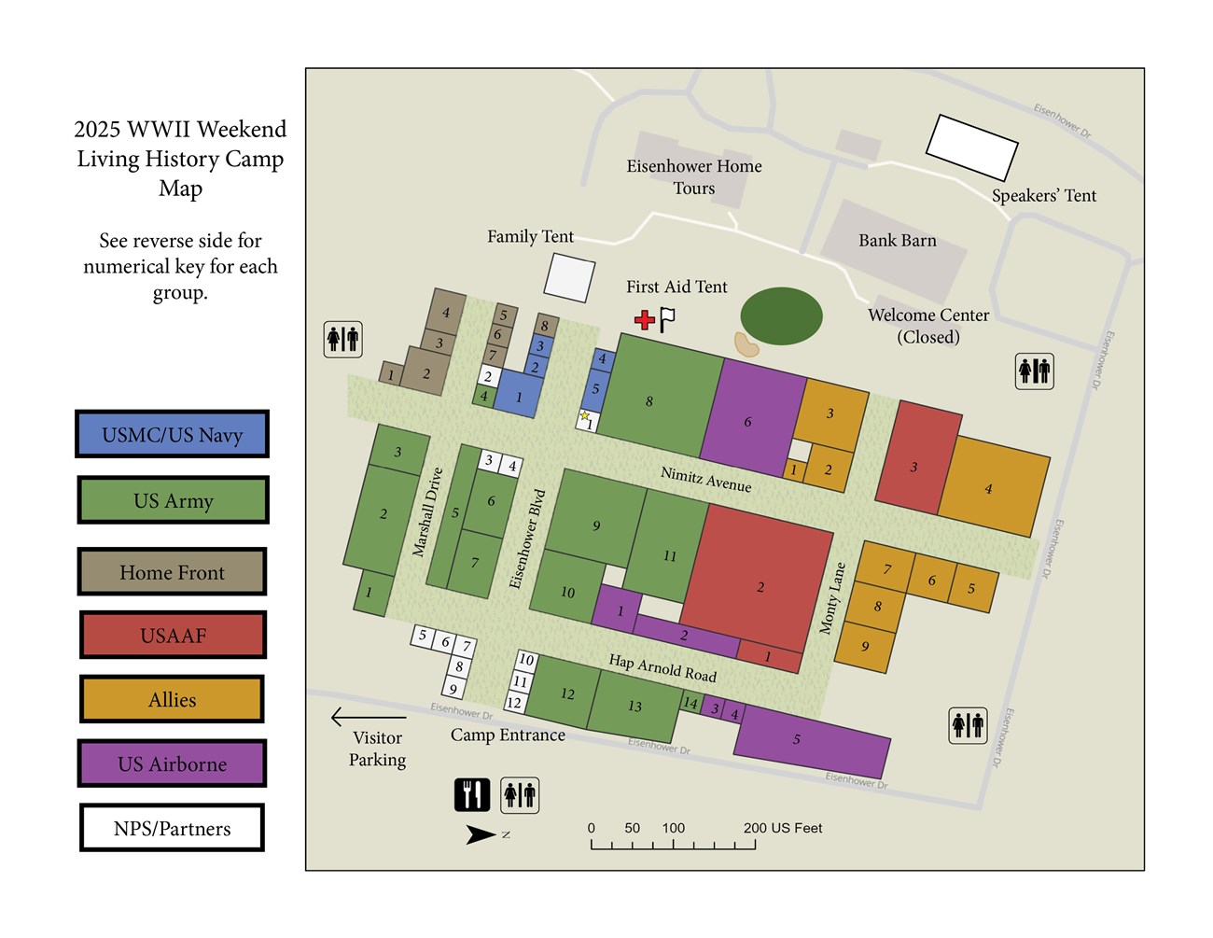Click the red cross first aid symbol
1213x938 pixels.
pyautogui.click(x=644, y=320)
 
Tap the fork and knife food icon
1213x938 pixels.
pyautogui.click(x=472, y=794)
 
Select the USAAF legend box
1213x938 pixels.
pyautogui.click(x=173, y=636)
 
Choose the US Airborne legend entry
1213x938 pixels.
pyautogui.click(x=173, y=763)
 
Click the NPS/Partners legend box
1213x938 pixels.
pyautogui.click(x=173, y=828)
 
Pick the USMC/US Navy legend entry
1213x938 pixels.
pyautogui.click(x=173, y=435)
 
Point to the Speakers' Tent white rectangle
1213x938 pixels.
pyautogui.click(x=971, y=147)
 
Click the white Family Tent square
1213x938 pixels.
pyautogui.click(x=569, y=277)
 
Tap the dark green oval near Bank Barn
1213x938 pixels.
pyautogui.click(x=781, y=316)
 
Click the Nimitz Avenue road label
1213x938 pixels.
pyautogui.click(x=705, y=479)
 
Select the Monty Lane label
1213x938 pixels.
pyautogui.click(x=832, y=598)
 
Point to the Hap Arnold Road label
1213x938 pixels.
pyautogui.click(x=662, y=667)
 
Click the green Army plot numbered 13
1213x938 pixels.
pyautogui.click(x=635, y=706)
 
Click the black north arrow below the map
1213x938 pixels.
pyautogui.click(x=481, y=834)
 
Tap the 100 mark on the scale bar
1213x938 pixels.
pyautogui.click(x=674, y=828)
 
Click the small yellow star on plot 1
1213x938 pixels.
pyautogui.click(x=585, y=416)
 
